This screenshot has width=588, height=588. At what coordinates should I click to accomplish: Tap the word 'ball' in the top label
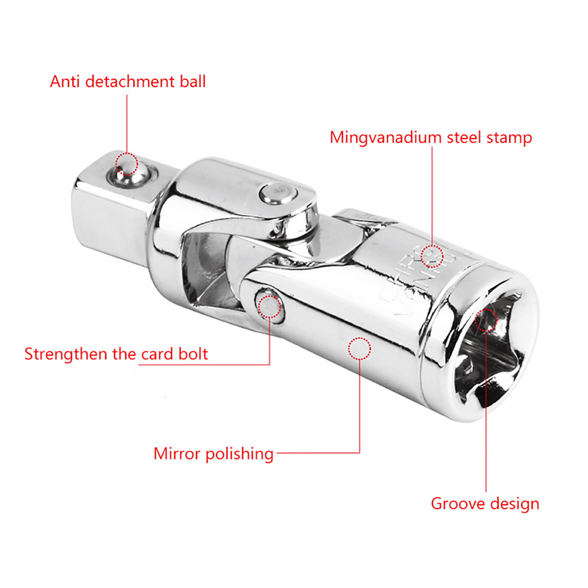[x=193, y=82]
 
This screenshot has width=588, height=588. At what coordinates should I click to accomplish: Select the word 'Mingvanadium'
[x=386, y=138]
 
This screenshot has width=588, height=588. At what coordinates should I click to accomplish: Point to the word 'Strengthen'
[x=66, y=354]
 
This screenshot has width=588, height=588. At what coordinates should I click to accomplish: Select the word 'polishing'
[x=239, y=454]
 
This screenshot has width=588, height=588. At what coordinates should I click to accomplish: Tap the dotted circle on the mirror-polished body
[x=359, y=348]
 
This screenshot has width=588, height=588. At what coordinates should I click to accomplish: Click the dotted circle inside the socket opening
[x=485, y=320]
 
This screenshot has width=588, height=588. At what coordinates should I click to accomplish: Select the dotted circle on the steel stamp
[x=432, y=256]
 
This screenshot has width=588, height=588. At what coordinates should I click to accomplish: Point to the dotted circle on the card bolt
[x=269, y=306]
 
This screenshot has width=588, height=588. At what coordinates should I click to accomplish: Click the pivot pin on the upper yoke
[x=278, y=193]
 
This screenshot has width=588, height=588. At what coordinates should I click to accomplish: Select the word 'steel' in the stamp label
[x=464, y=138]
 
